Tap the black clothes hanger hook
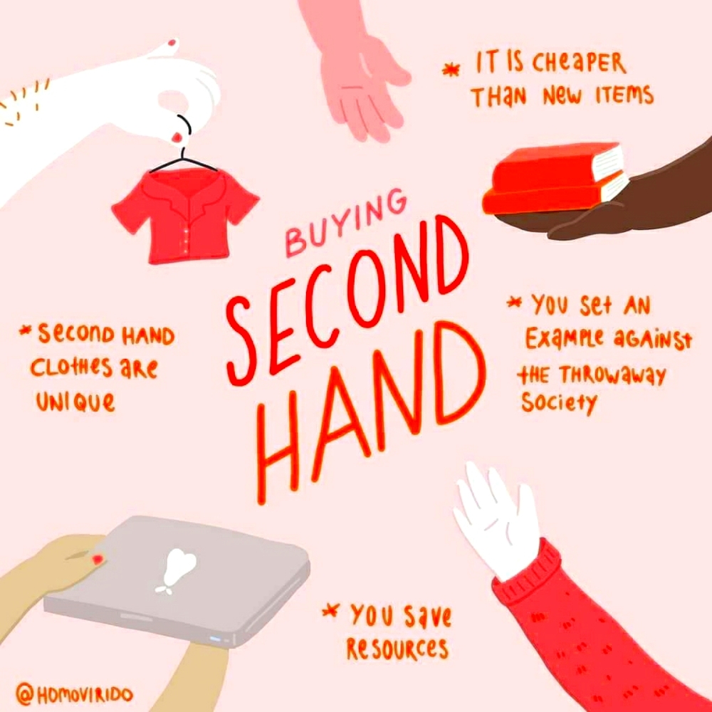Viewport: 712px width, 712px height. (x=183, y=128)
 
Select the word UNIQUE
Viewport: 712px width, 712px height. (x=75, y=403)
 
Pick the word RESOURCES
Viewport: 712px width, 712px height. (x=397, y=649)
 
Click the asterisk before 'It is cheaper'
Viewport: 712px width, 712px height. (x=449, y=69)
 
